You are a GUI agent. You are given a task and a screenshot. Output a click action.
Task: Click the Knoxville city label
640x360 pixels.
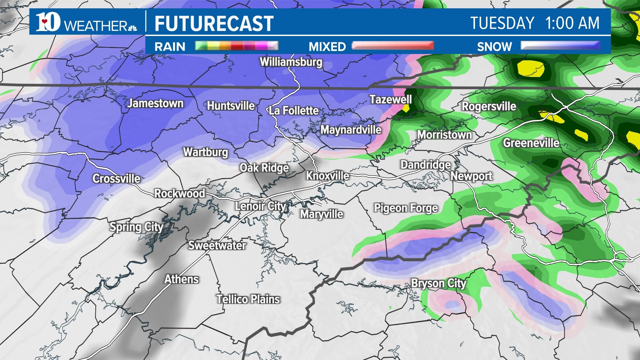(327, 176)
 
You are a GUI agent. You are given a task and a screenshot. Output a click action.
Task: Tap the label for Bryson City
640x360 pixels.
(438, 283)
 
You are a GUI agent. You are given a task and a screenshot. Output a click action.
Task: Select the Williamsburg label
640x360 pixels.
(291, 62)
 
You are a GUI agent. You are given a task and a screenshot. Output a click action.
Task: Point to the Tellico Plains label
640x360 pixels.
(248, 299)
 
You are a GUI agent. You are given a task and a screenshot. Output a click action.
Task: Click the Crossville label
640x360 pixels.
(116, 179)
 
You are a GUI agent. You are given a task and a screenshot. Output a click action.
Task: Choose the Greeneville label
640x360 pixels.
(531, 143)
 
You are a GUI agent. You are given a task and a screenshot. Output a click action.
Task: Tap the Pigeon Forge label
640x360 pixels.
(406, 208)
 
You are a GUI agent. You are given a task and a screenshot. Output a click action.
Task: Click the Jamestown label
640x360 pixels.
(155, 103)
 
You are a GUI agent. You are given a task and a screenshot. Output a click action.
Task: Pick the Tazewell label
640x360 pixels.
(391, 99)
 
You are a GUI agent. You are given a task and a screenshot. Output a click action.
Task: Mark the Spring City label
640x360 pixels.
(136, 227)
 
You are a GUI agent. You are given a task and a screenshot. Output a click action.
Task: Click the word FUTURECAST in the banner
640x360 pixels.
(214, 23)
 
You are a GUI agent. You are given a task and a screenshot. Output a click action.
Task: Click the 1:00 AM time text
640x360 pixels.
(572, 23)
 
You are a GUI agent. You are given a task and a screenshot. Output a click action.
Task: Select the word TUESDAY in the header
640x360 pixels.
(502, 23)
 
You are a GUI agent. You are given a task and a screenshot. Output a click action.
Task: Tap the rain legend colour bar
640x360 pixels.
(236, 46)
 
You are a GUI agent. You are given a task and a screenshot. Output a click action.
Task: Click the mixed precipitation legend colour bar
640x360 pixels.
(393, 46)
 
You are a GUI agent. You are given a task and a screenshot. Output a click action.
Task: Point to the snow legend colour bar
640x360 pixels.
(560, 46)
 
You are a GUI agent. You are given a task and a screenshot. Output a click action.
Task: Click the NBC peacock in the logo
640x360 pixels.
(132, 27)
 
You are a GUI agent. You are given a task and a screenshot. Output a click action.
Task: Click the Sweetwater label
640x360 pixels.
(217, 246)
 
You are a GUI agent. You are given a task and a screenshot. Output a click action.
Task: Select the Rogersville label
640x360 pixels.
(489, 107)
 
